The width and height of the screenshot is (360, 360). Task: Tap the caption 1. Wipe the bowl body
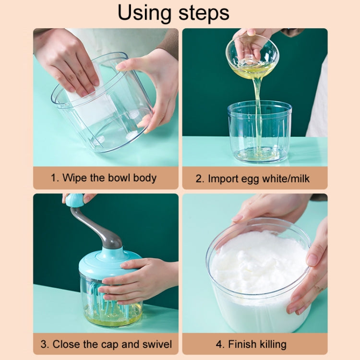pyautogui.click(x=104, y=178)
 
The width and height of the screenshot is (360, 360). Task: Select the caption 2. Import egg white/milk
pyautogui.click(x=252, y=179)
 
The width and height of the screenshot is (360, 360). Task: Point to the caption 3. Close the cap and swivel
pyautogui.click(x=106, y=344)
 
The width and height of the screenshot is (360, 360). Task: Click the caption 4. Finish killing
pyautogui.click(x=251, y=344)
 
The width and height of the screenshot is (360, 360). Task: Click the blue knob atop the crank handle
pyautogui.click(x=75, y=200)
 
